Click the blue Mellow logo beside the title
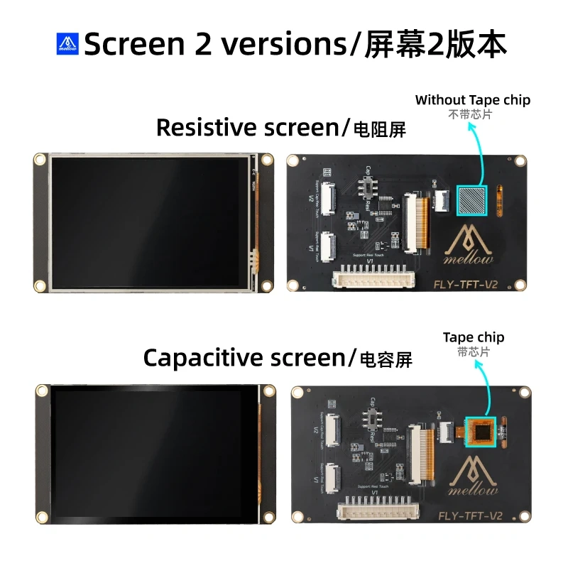pyautogui.click(x=68, y=44)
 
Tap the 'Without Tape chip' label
pyautogui.click(x=473, y=100)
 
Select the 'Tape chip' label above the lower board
pyautogui.click(x=474, y=337)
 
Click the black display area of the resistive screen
pyautogui.click(x=149, y=222)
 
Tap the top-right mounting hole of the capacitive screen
pyautogui.click(x=269, y=391)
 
